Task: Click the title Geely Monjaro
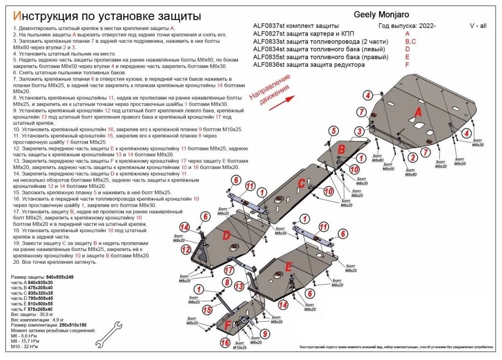tap(382, 15)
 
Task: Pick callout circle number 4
tap(368, 96)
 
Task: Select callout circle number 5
tap(334, 130)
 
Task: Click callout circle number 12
tap(186, 250)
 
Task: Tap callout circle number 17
tap(229, 270)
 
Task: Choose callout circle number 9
tap(265, 334)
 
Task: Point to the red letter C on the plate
tap(300, 184)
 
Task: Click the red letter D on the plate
tap(226, 236)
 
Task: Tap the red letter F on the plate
tap(228, 325)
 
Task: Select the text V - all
tap(478, 26)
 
